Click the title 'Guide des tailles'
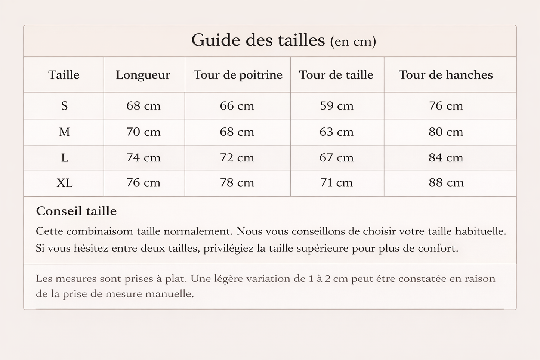click(258, 40)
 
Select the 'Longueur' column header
click(143, 75)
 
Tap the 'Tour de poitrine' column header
click(238, 75)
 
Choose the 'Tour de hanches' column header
click(445, 75)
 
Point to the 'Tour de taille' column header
click(336, 75)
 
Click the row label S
click(64, 106)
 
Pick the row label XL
click(64, 183)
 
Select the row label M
click(64, 132)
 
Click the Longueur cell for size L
click(144, 158)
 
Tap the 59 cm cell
click(336, 106)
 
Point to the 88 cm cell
click(446, 183)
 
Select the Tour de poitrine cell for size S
click(237, 106)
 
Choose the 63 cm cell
click(336, 132)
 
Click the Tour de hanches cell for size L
click(445, 158)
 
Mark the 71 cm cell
click(336, 183)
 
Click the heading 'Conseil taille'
click(76, 211)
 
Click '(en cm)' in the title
click(353, 41)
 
